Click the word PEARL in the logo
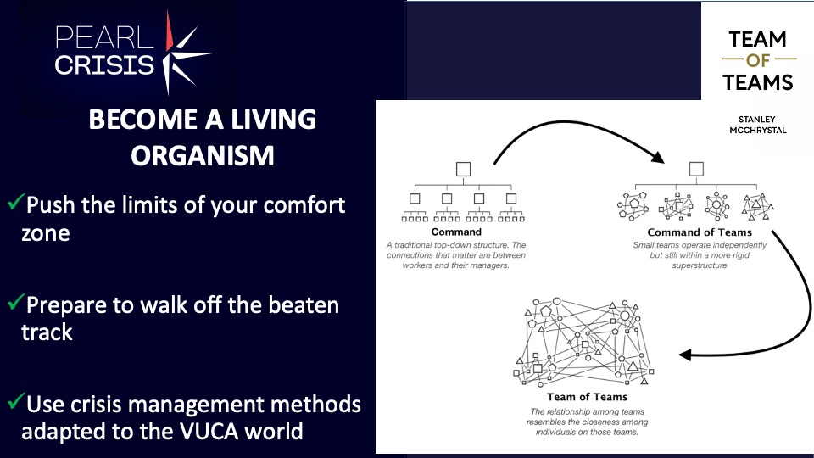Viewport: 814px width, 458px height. tap(104, 38)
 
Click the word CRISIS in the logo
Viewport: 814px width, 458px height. tap(104, 65)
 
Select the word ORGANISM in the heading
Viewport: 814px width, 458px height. tap(203, 155)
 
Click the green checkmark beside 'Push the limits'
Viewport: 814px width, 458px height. tap(16, 201)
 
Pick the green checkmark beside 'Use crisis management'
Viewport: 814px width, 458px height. tap(16, 400)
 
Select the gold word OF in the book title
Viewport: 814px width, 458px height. tap(758, 60)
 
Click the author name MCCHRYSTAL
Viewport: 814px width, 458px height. tap(758, 131)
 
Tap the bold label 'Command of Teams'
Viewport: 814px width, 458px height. tap(700, 232)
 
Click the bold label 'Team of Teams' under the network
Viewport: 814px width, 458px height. tap(587, 397)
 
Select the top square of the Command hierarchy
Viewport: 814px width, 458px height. tap(463, 170)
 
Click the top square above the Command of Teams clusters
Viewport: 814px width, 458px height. tap(696, 169)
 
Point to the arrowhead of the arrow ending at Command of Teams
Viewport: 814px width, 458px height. tap(658, 157)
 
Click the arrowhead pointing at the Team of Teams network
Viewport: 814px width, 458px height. tap(685, 355)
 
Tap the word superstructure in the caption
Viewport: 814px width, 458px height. tap(700, 265)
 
